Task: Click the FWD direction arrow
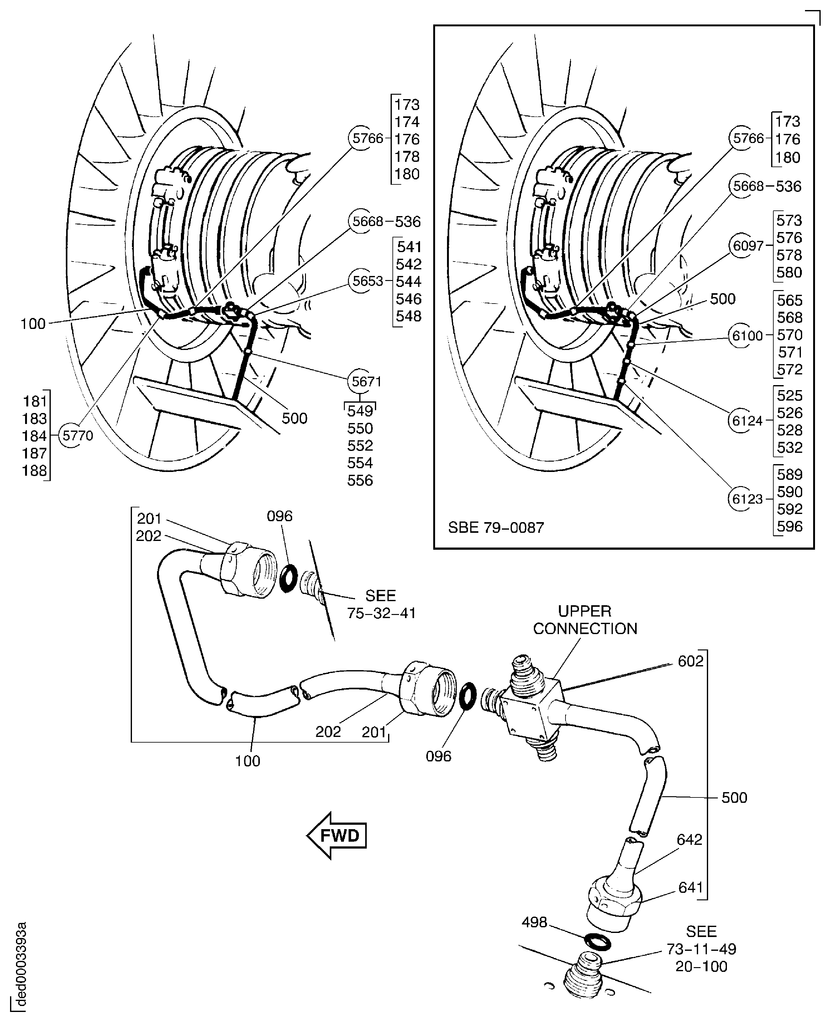pyautogui.click(x=337, y=836)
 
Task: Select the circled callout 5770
pyautogui.click(x=77, y=436)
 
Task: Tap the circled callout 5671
pyautogui.click(x=366, y=382)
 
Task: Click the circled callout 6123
pyautogui.click(x=747, y=499)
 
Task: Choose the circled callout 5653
pyautogui.click(x=368, y=281)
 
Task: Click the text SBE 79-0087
pyautogui.click(x=496, y=528)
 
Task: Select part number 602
pyautogui.click(x=690, y=661)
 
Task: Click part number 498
pyautogui.click(x=534, y=922)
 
